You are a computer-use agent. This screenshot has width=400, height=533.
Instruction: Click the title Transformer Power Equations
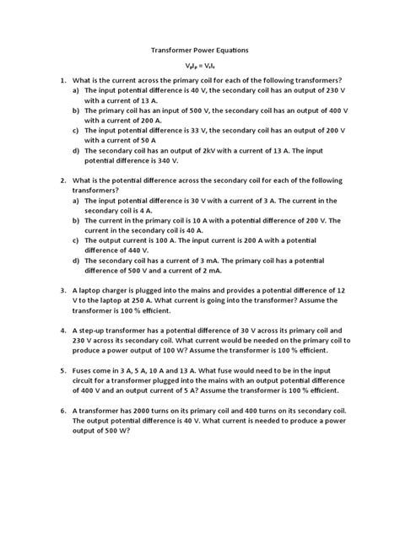point(199,51)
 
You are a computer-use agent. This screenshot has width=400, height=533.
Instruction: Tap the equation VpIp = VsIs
point(199,65)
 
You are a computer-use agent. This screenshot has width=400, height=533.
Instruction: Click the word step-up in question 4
point(103,330)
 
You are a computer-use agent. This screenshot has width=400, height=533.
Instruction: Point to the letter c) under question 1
point(77,131)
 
